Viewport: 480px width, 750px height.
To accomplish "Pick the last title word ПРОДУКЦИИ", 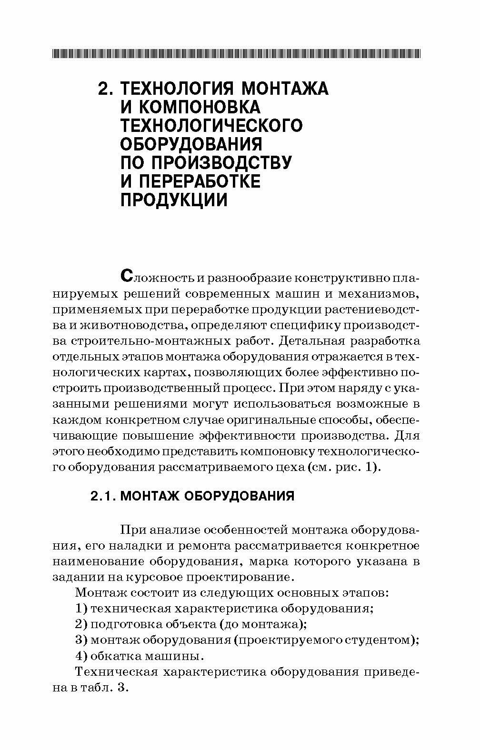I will pyautogui.click(x=173, y=200).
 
